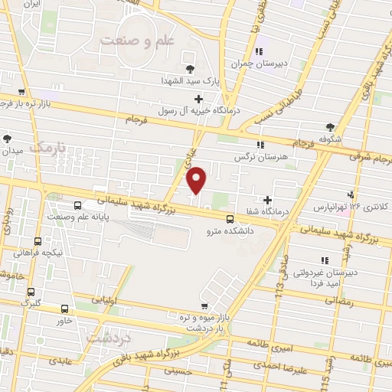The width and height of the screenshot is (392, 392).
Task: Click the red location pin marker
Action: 198,179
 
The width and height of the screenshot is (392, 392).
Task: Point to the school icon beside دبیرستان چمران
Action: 258,51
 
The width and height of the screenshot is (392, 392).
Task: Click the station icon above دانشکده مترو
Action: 230,216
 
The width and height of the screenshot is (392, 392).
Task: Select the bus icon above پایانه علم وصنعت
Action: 77,205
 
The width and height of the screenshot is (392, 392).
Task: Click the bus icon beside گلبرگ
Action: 31,292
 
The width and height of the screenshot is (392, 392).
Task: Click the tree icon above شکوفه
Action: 330,127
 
